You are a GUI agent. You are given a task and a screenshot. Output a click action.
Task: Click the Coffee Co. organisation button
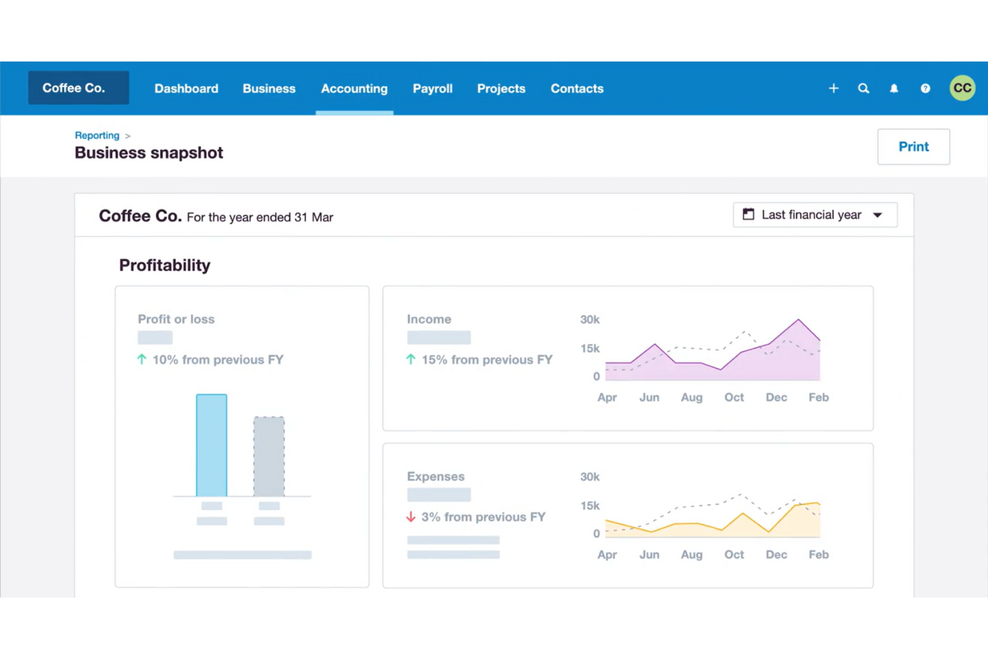click(x=78, y=88)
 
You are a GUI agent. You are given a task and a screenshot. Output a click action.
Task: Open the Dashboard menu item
click(x=186, y=89)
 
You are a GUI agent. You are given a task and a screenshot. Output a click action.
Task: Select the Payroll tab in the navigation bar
click(x=432, y=89)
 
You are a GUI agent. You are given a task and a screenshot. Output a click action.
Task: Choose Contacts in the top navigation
click(x=577, y=89)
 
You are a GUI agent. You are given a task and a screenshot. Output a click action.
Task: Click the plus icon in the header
click(x=833, y=88)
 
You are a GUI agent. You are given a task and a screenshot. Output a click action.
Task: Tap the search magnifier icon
click(x=863, y=88)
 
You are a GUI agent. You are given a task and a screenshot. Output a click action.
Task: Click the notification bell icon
click(x=894, y=88)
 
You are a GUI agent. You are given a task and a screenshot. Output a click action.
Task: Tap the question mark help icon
click(x=925, y=88)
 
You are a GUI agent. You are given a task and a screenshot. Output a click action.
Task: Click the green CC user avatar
click(x=962, y=88)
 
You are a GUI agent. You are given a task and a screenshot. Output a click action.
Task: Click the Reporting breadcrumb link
click(x=97, y=136)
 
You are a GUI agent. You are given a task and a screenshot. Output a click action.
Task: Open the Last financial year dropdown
click(x=814, y=215)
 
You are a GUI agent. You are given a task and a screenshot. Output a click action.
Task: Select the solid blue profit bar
click(x=212, y=445)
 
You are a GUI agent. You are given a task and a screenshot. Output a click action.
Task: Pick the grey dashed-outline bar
click(x=269, y=457)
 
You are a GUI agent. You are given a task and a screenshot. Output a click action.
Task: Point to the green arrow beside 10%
click(x=142, y=359)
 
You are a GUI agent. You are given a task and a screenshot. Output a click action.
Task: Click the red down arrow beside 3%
click(x=411, y=517)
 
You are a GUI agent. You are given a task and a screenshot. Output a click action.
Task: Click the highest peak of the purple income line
click(x=798, y=320)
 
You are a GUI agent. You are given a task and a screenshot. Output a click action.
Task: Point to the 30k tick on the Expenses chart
click(x=589, y=477)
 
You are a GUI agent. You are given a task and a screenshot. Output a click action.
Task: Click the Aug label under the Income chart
click(x=692, y=397)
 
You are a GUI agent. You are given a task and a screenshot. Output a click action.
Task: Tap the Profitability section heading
click(x=164, y=265)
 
